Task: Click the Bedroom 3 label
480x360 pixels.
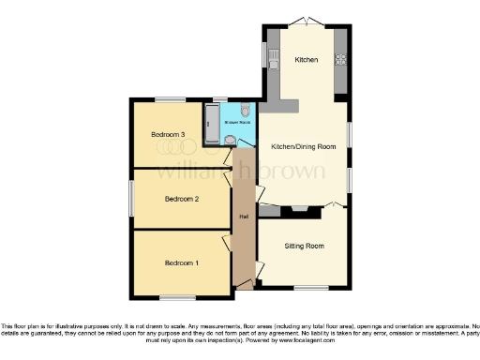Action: click(170, 135)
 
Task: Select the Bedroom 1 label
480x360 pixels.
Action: click(182, 263)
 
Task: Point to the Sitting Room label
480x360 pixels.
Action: click(304, 246)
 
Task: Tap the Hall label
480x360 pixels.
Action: click(244, 217)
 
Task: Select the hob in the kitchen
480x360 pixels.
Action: click(341, 60)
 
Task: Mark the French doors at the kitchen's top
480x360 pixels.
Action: click(307, 22)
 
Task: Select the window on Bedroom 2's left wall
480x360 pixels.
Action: click(131, 198)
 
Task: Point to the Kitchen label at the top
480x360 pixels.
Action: click(307, 60)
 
